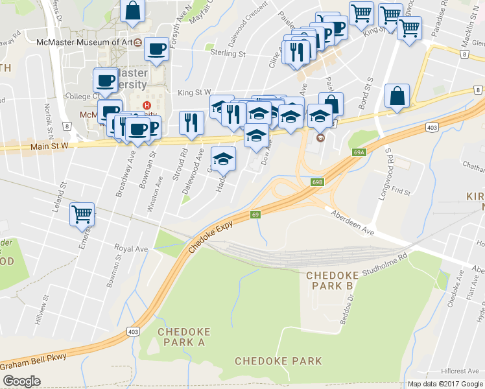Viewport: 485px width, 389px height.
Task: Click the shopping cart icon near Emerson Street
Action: (x=82, y=213)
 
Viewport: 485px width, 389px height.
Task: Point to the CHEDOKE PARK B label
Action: (x=331, y=281)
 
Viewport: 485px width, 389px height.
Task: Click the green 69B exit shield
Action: (x=316, y=183)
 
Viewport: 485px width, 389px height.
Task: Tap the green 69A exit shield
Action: (x=360, y=152)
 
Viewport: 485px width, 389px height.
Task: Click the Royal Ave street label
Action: (x=132, y=248)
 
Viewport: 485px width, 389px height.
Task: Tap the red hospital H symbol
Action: (x=147, y=106)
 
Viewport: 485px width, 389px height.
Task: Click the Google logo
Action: (x=21, y=381)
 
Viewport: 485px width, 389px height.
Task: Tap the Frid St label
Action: (x=401, y=193)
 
